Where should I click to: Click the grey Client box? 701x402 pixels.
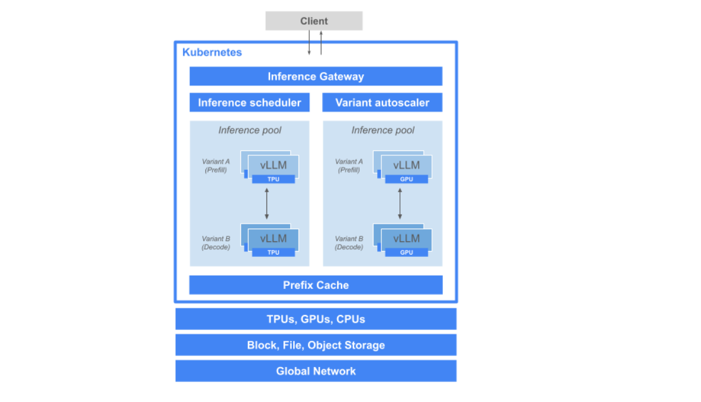pos(314,21)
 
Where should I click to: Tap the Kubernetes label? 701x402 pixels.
pos(212,53)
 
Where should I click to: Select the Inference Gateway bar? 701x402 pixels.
pos(315,77)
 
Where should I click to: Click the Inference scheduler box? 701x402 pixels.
pos(249,103)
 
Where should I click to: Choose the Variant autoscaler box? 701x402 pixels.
pos(382,103)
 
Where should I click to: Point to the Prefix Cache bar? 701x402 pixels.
pos(315,285)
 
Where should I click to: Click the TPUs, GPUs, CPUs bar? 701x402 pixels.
pos(315,319)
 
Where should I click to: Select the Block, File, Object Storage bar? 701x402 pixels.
pos(315,345)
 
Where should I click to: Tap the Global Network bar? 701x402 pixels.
pos(315,371)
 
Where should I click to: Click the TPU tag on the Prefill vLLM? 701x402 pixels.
pos(273,179)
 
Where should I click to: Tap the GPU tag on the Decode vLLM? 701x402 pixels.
pos(406,252)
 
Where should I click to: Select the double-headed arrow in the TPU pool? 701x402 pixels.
pos(267,204)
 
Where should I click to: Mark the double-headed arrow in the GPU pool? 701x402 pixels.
pos(399,204)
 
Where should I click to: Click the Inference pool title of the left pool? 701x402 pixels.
pos(250,131)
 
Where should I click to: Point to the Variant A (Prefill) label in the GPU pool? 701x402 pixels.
pos(349,166)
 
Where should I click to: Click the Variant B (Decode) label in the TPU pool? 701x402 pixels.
pos(216,242)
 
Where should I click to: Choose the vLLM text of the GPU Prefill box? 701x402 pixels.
pos(406,166)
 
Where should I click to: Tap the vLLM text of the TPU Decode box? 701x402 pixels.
pos(273,238)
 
